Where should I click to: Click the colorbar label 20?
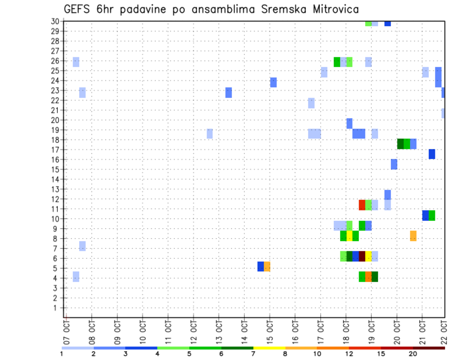(413, 354)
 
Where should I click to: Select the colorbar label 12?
(349, 354)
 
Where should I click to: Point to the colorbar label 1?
(62, 354)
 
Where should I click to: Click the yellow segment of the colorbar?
(269, 348)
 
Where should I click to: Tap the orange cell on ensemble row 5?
(267, 266)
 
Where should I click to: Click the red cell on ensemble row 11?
(362, 205)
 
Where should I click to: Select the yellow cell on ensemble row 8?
(349, 236)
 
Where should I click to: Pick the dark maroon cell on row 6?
(362, 256)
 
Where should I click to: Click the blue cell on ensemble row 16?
(432, 154)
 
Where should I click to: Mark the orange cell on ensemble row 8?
(413, 236)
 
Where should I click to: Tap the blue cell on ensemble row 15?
(394, 164)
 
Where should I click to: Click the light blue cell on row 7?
(83, 246)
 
